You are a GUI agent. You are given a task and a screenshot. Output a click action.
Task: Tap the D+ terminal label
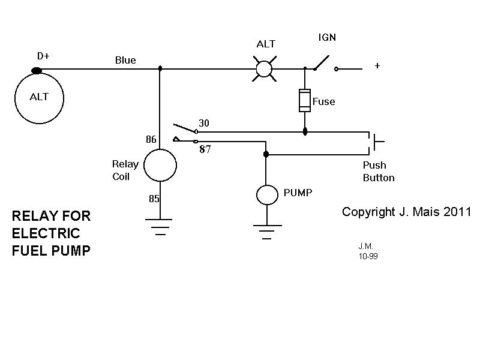pos(43,56)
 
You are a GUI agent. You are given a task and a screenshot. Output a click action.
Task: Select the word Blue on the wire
pos(125,60)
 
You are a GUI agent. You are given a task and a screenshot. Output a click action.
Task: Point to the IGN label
pos(327,38)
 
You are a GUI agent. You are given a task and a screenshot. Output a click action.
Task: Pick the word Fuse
pos(324,101)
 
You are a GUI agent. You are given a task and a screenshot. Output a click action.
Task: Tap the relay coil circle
pos(160,165)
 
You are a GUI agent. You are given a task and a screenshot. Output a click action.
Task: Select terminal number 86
pos(151,140)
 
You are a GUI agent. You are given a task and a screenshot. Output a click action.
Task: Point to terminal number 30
pos(203,123)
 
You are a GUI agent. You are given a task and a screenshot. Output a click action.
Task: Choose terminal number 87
pos(205,150)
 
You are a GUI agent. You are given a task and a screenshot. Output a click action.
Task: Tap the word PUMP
pos(298,193)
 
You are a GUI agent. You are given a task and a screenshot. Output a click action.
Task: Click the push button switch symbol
pos(376,142)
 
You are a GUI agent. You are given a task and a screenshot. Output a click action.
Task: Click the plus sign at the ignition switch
pos(377,66)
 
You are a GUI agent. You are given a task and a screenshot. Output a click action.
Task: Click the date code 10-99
pos(368,256)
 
